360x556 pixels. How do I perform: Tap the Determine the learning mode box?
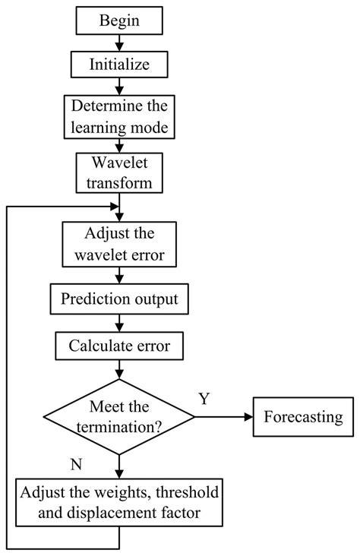tap(119, 115)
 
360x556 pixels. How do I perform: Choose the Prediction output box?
tap(119, 299)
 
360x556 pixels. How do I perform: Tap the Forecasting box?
tap(303, 416)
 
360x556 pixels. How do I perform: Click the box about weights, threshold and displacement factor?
tap(119, 503)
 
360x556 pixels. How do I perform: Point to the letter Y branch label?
tap(204, 398)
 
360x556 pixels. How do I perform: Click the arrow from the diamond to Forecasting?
tap(224, 416)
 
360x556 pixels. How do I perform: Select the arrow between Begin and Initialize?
tap(119, 43)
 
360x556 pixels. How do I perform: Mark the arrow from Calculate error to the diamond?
tap(119, 370)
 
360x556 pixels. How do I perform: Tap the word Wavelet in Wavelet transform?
tap(119, 164)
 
